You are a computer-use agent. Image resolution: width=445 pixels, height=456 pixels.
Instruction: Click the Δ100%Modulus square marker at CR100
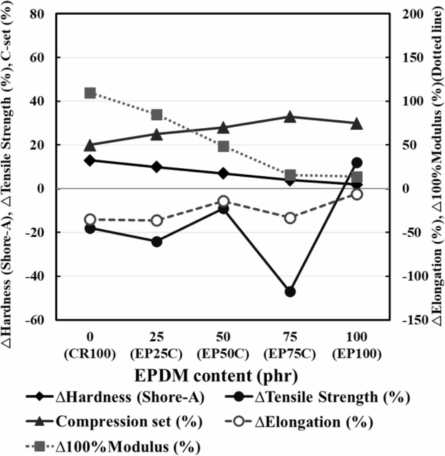click(90, 93)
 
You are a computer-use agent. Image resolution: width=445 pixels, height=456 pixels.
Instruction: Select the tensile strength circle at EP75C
click(290, 292)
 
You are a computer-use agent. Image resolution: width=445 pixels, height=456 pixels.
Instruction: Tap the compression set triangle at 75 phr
click(290, 117)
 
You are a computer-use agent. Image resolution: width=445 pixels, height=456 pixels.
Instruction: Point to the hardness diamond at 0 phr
click(90, 160)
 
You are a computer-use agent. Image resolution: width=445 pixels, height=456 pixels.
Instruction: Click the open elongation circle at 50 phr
click(223, 201)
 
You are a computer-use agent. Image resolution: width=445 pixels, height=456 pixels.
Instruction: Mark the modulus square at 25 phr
click(157, 115)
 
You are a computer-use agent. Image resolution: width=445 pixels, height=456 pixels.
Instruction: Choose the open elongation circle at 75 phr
click(290, 218)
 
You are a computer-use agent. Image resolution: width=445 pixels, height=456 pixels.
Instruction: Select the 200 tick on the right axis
click(413, 14)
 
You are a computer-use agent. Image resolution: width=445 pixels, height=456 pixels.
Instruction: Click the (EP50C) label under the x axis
click(223, 354)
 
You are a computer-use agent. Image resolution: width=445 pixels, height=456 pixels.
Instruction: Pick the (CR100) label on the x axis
click(90, 354)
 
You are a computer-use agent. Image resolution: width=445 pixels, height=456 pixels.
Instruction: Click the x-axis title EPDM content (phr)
click(216, 375)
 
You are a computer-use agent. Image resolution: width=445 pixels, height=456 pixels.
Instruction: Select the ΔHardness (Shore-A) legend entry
click(115, 397)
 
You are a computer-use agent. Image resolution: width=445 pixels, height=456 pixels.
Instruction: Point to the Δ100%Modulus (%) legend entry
click(113, 446)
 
